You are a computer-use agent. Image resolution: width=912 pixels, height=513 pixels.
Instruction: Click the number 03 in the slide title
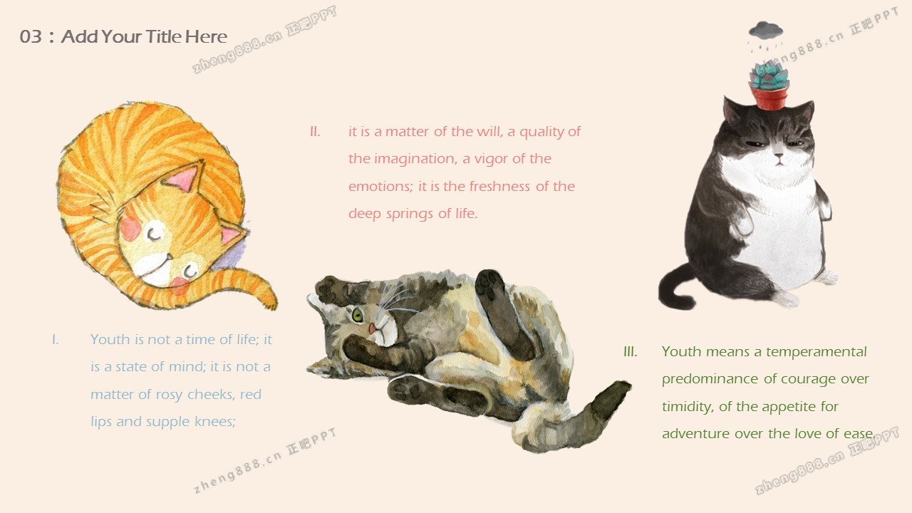(31, 36)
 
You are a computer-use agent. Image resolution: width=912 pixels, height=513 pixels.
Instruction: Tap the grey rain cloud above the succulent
(765, 31)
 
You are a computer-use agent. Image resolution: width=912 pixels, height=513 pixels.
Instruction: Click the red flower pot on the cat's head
(769, 97)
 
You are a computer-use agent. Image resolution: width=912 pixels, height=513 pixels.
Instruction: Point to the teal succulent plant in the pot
(769, 76)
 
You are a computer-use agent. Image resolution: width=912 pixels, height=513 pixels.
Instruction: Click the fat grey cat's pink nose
(779, 155)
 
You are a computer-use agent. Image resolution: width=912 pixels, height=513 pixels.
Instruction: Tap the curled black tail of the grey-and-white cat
(676, 287)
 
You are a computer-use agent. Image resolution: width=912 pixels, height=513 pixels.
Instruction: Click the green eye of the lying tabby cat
(357, 315)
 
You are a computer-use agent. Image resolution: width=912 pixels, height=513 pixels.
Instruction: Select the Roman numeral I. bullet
(56, 340)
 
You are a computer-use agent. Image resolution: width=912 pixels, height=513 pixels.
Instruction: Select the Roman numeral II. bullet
(315, 132)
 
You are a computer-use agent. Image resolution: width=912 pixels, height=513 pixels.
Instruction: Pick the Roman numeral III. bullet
(631, 351)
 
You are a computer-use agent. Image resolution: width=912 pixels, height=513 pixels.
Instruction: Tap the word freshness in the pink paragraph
(499, 186)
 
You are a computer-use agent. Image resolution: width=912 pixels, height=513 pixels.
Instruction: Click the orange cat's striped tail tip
(269, 299)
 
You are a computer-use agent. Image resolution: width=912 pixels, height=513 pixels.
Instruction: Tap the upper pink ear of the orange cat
(184, 177)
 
